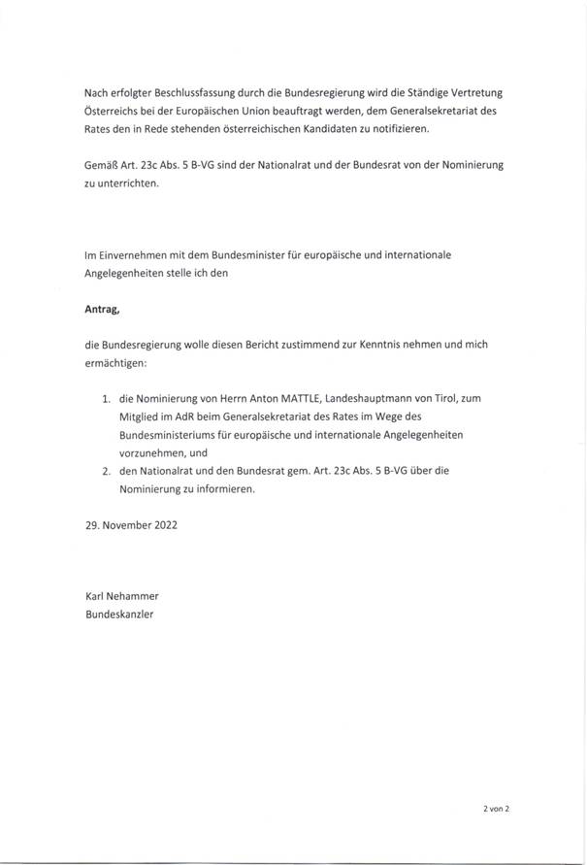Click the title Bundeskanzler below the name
click(x=120, y=615)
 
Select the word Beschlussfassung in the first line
click(x=199, y=92)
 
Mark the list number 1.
click(x=105, y=397)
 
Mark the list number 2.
click(x=105, y=470)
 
